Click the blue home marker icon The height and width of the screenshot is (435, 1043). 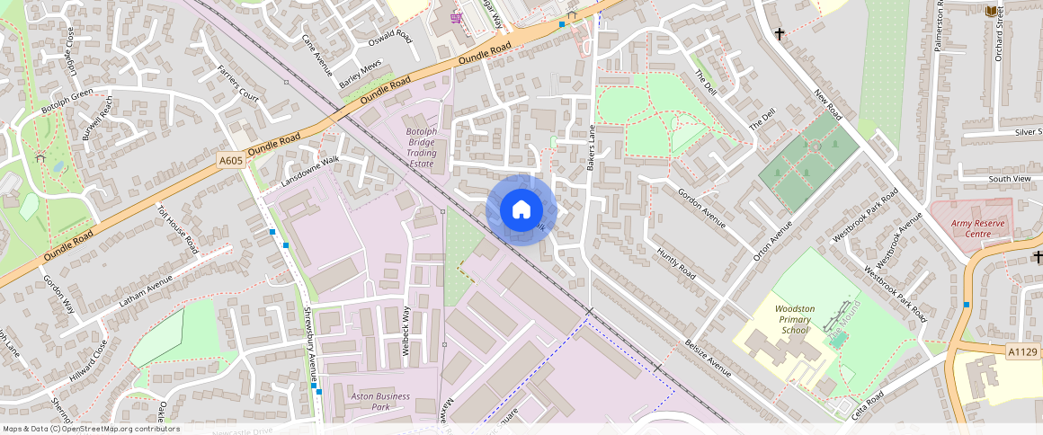point(521,210)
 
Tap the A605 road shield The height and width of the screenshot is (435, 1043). point(231,161)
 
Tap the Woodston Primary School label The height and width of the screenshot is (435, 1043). point(795,319)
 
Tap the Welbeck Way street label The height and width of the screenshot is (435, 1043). point(406,332)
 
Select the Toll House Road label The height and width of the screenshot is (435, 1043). point(177,228)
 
